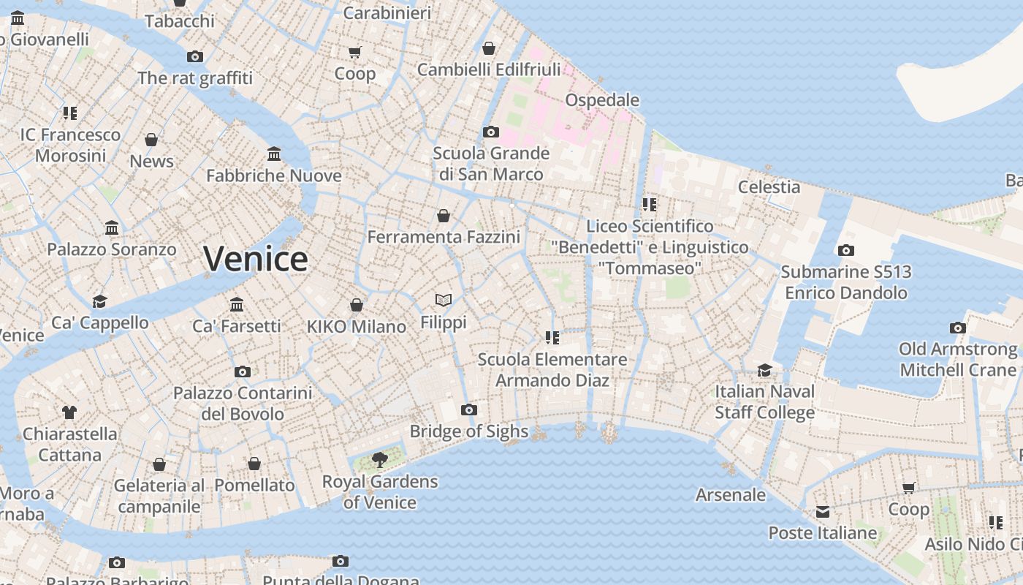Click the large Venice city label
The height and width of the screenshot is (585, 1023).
255,259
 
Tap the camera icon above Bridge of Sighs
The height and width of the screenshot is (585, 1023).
469,409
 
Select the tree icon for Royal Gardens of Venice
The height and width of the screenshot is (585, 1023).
379,459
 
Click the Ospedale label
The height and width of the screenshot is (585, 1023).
602,100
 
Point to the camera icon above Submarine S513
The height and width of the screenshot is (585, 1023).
845,250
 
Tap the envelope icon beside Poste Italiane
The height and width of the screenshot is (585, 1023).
823,511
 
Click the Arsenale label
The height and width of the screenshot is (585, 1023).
730,495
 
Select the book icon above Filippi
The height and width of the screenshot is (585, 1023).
443,300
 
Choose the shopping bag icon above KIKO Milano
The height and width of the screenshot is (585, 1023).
357,305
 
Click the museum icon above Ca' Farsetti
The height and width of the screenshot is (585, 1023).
237,304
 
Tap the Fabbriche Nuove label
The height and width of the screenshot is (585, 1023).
273,175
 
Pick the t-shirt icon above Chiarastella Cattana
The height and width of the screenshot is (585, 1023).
69,412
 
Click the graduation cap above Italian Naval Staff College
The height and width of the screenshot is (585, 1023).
764,370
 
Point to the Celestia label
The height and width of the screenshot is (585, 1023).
769,186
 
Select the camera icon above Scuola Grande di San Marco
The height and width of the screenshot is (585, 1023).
491,132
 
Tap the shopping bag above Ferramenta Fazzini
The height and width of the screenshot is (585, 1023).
443,216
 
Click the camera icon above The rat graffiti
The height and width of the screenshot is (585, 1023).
194,56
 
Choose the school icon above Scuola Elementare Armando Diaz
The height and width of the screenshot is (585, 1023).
552,337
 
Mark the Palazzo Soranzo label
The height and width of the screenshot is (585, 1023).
112,249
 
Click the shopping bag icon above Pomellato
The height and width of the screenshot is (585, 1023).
254,464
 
